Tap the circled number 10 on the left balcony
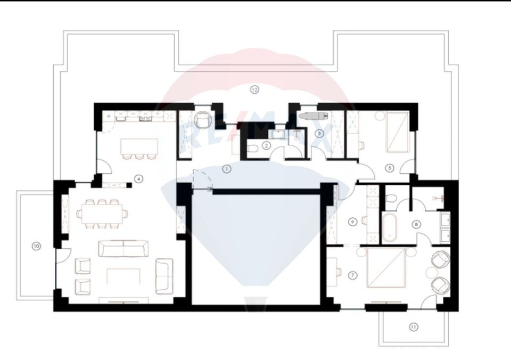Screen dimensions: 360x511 pyautogui.click(x=36, y=246)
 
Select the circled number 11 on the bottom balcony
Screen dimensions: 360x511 pyautogui.click(x=414, y=327)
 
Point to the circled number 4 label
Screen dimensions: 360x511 pyautogui.click(x=138, y=179)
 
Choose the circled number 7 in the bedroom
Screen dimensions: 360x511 pyautogui.click(x=352, y=275)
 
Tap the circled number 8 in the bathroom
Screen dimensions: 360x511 pyautogui.click(x=417, y=224)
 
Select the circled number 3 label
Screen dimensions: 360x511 pyautogui.click(x=319, y=133)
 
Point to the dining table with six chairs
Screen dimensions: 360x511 pyautogui.click(x=102, y=214)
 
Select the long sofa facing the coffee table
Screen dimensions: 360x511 pyautogui.click(x=123, y=249)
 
